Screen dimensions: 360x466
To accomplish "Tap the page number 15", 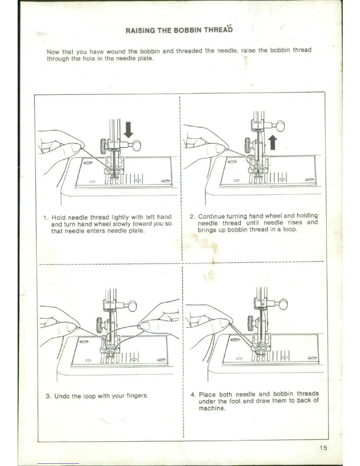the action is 323,448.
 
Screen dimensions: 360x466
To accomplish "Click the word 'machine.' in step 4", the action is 212,408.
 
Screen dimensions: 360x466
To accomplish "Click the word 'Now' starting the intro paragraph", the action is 53,52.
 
